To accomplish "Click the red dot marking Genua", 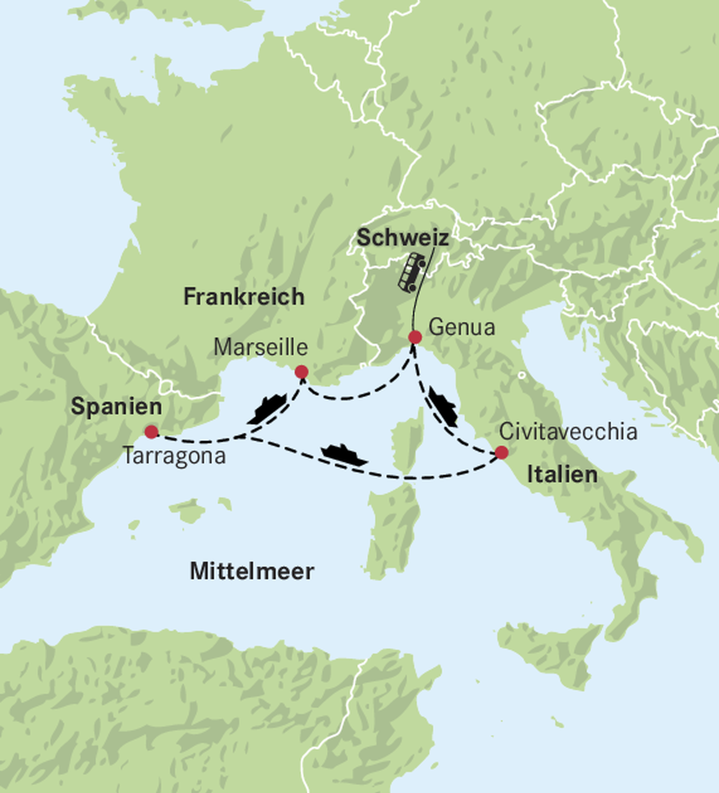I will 415,337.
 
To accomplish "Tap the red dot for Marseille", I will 301,372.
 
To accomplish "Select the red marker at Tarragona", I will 151,431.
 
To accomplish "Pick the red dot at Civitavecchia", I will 501,452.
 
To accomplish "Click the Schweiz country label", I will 402,238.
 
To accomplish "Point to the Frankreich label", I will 244,297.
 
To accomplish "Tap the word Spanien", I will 116,407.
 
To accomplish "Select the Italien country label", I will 562,475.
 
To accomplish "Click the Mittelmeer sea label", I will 252,571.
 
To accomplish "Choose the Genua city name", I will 462,327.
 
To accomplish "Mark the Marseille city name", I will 260,347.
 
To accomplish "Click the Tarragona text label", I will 174,456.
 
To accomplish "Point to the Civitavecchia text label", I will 568,431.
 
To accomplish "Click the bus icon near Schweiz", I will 412,272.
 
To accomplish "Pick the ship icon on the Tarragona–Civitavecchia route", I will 344,455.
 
